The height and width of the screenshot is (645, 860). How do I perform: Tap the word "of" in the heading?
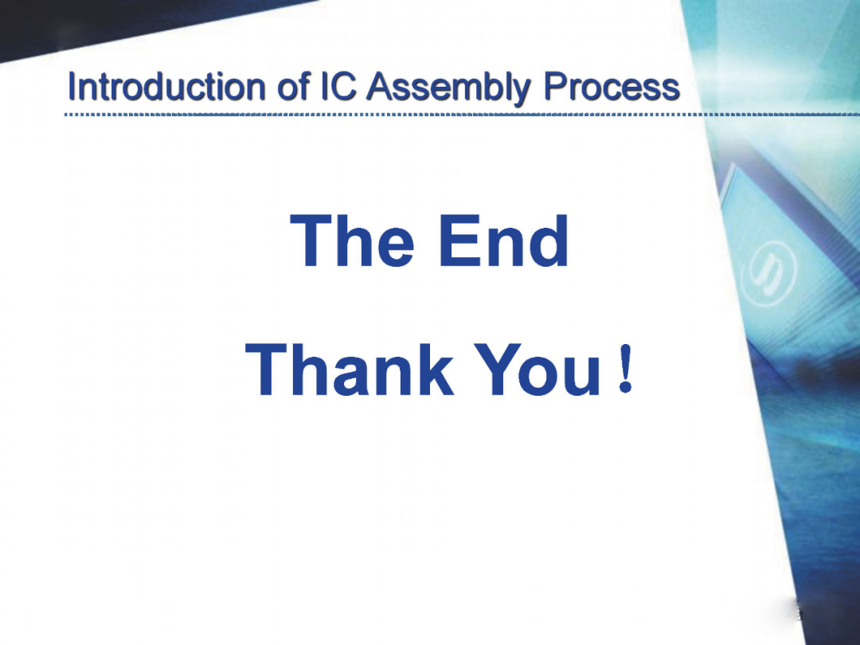click(295, 87)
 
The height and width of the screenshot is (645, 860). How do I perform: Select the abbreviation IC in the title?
click(338, 87)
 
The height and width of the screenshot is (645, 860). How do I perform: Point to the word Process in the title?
click(612, 87)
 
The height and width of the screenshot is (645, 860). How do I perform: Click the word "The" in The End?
click(352, 240)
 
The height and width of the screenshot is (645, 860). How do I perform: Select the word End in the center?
click(503, 240)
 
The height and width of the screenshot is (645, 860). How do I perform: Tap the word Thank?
click(350, 369)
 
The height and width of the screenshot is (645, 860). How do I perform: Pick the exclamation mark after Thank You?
click(625, 369)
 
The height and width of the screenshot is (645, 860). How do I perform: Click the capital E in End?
click(459, 240)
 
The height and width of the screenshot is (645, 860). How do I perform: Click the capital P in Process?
click(555, 87)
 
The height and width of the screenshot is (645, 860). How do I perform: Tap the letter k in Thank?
click(434, 369)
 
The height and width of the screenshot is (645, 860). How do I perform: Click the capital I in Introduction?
click(72, 87)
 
